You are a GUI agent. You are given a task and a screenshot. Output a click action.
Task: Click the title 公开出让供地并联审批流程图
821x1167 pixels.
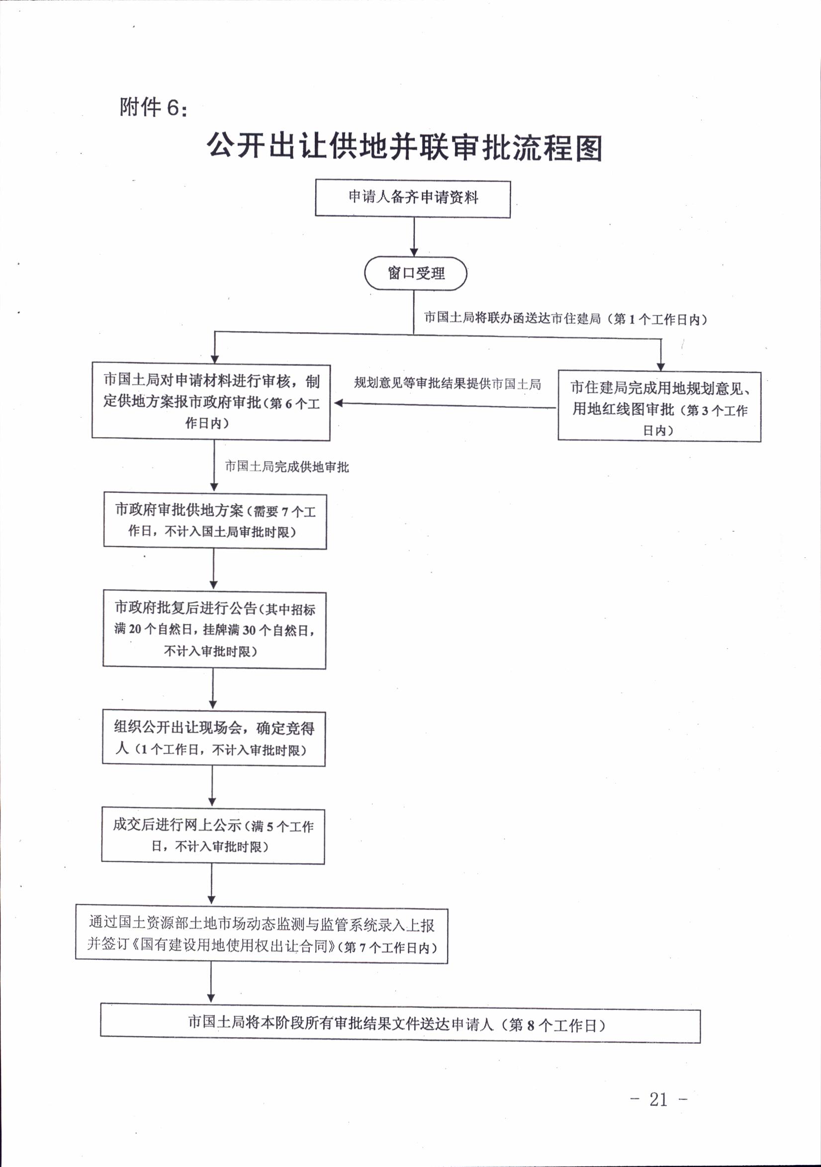[404, 147]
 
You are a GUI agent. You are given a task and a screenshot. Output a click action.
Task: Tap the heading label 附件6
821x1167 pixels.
[153, 107]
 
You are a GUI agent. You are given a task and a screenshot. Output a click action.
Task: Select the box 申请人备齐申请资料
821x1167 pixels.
[413, 198]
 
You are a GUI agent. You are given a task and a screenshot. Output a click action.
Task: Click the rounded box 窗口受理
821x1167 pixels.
[415, 273]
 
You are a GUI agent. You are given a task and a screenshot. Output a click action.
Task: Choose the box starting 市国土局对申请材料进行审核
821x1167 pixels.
[211, 402]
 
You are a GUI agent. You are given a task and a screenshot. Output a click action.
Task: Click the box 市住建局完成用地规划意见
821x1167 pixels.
[659, 406]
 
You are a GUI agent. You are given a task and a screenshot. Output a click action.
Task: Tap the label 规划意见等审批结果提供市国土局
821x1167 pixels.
[448, 383]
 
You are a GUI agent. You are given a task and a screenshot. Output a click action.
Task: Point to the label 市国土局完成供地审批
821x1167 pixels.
[287, 466]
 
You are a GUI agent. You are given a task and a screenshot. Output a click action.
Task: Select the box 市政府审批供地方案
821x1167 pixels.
[215, 521]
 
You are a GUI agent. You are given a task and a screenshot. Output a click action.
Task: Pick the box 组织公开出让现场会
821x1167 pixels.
[213, 738]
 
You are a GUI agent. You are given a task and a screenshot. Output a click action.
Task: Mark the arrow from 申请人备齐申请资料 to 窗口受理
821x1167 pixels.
[414, 237]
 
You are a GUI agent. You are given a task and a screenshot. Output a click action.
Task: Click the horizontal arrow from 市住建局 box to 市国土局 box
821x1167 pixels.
[446, 405]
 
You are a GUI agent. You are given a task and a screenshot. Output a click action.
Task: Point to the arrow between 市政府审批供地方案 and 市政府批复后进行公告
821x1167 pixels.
[213, 569]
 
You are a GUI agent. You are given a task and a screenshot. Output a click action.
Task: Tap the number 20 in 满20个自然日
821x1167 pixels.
[135, 629]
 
